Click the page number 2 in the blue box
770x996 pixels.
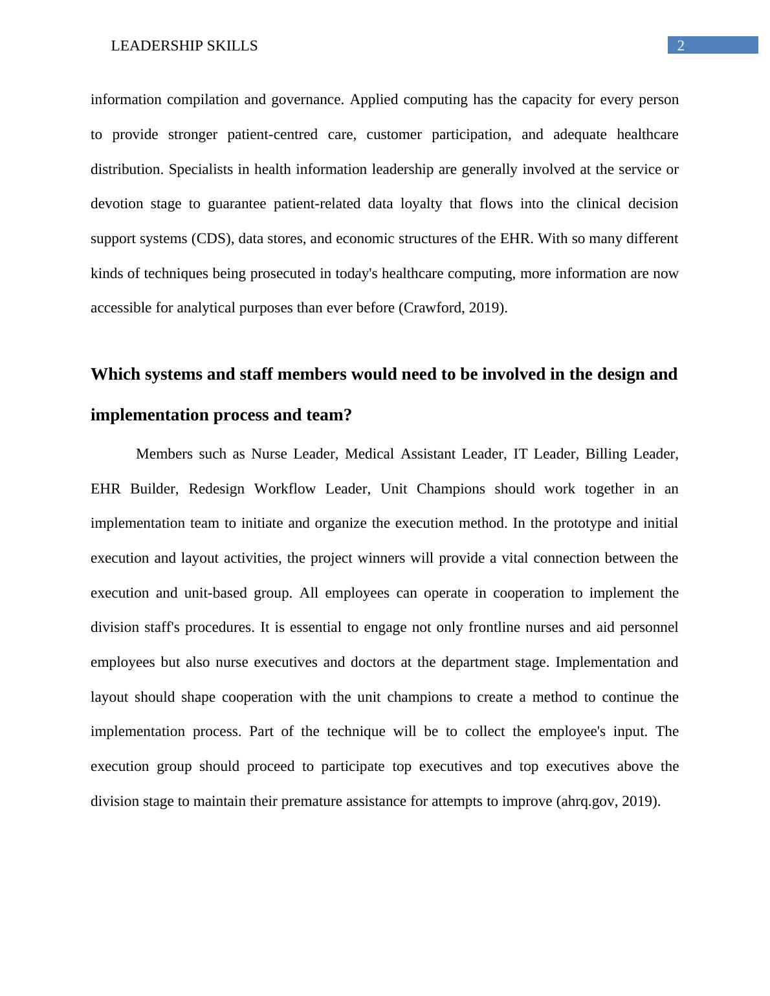tap(681, 45)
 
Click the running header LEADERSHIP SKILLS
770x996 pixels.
tap(184, 46)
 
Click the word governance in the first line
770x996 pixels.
tap(306, 100)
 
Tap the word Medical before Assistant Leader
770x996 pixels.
tap(369, 454)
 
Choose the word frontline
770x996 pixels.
tap(494, 627)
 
